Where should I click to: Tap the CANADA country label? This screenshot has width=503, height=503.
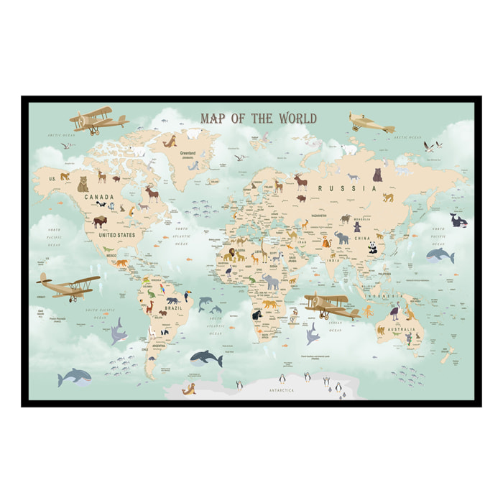(x=99, y=196)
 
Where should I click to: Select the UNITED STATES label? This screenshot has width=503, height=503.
(x=117, y=234)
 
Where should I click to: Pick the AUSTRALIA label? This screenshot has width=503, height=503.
(x=401, y=331)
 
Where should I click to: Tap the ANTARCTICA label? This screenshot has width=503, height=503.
(x=282, y=390)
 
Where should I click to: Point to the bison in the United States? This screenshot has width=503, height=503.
(x=99, y=222)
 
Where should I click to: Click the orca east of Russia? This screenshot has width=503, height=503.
(x=458, y=220)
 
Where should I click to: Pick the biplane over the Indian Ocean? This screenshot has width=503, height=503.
(x=331, y=305)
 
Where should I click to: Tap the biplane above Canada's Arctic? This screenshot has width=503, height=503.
(x=92, y=121)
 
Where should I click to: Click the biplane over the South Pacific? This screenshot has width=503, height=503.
(x=68, y=286)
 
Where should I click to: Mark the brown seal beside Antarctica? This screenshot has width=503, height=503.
(x=190, y=390)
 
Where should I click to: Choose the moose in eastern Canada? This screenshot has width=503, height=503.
(x=152, y=193)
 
